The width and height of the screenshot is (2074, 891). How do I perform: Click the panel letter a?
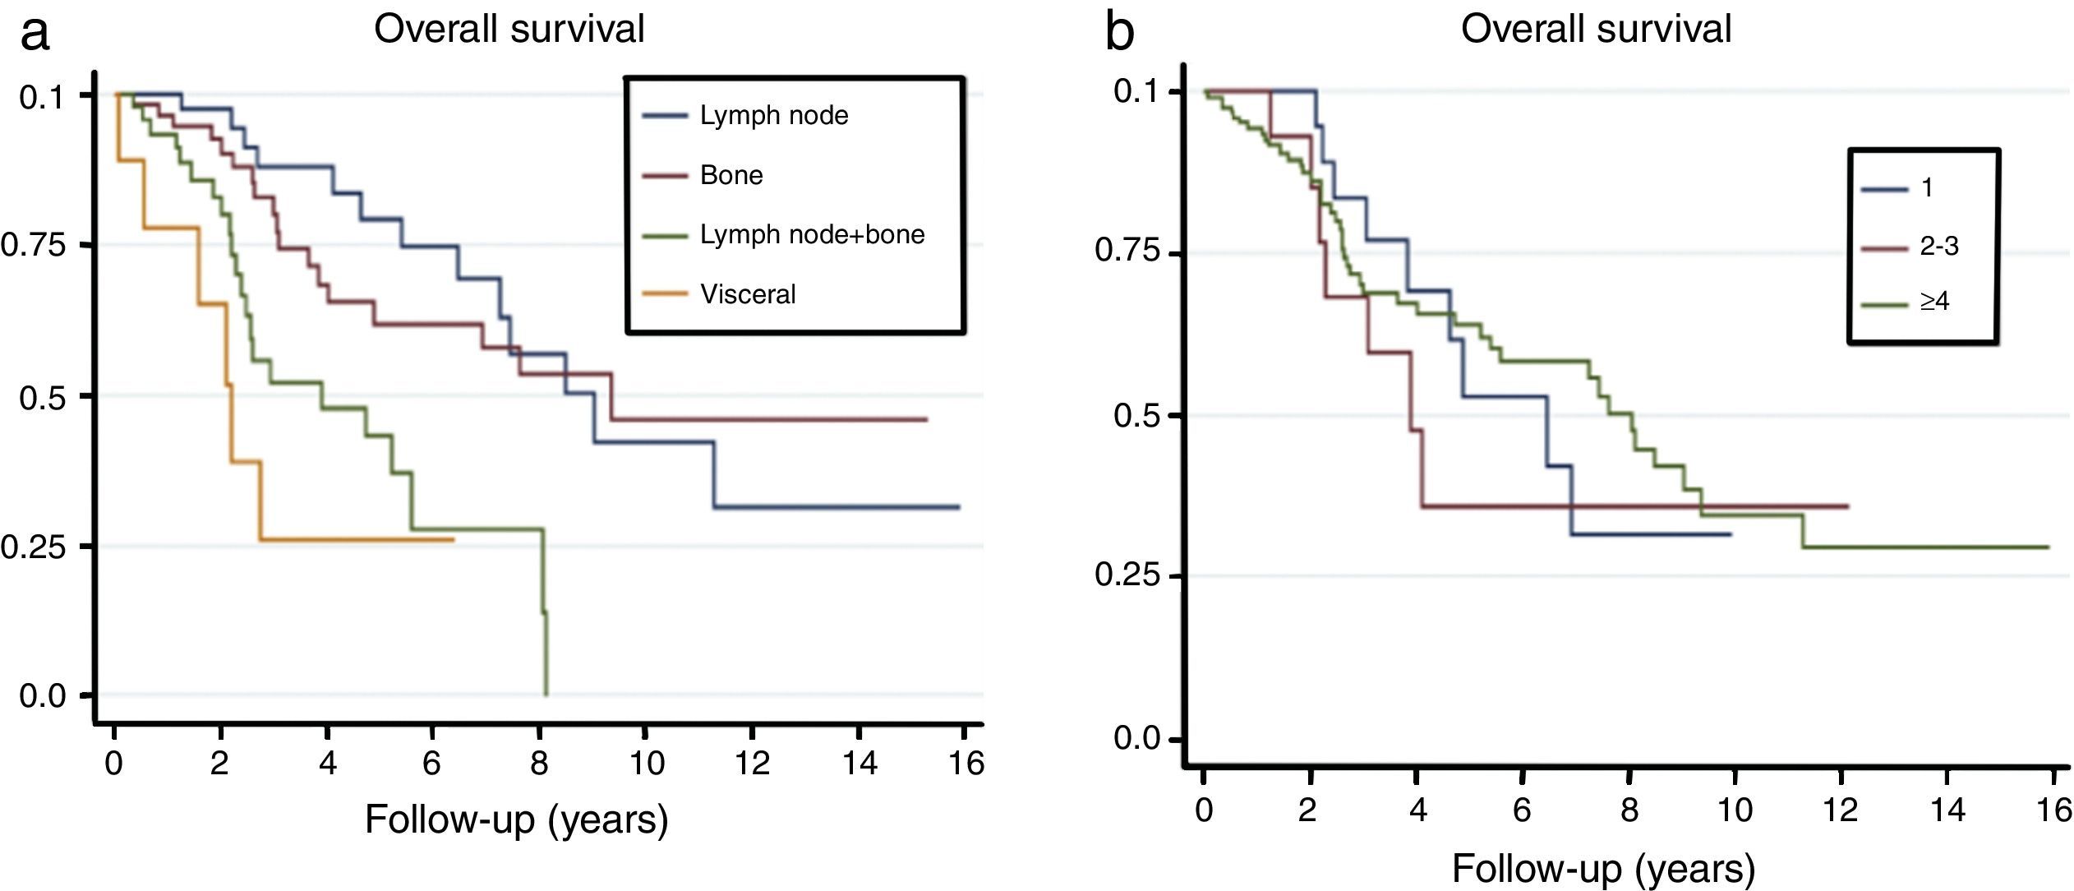click(x=35, y=33)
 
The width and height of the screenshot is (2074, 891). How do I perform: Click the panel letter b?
click(x=1119, y=33)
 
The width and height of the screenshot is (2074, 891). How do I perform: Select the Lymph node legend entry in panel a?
click(x=773, y=116)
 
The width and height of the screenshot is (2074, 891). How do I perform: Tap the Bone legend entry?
click(x=731, y=175)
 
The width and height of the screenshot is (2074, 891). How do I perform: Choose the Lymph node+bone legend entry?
click(x=811, y=235)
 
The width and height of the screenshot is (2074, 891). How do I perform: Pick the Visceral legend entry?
click(x=747, y=294)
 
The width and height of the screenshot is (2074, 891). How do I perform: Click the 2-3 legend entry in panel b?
click(x=1938, y=246)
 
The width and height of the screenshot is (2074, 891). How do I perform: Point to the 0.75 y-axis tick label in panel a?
click(x=33, y=246)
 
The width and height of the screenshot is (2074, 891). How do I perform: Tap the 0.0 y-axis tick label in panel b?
click(x=1136, y=738)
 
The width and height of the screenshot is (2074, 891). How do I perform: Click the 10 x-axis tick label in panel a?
click(x=647, y=764)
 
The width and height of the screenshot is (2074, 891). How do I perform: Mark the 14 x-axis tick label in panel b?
click(x=1947, y=810)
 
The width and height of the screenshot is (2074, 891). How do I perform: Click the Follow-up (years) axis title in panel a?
click(x=516, y=819)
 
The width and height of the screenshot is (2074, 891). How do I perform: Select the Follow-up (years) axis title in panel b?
click(x=1603, y=868)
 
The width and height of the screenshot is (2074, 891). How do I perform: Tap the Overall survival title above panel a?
click(x=509, y=29)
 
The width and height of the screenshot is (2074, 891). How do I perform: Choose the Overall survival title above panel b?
click(x=1596, y=29)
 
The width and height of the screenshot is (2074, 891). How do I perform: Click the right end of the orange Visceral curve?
click(x=453, y=540)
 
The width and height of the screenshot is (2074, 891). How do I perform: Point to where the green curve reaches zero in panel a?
click(x=546, y=695)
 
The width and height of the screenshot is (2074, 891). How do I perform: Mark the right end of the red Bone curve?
click(x=926, y=419)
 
